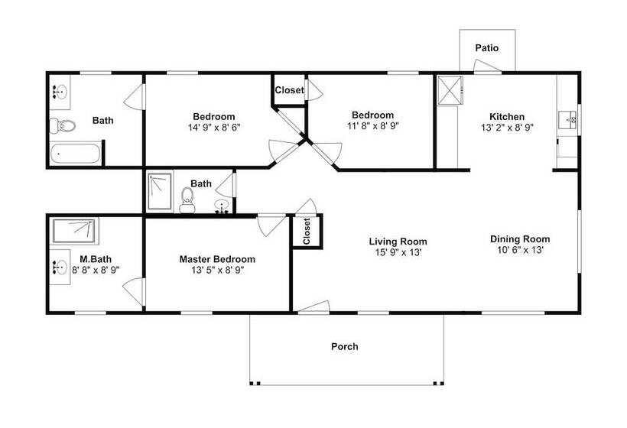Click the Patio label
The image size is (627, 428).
coord(486,48)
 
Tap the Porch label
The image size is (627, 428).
coord(344,346)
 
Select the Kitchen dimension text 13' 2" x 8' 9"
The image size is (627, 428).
coord(507,128)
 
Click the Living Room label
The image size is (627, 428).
coord(398,242)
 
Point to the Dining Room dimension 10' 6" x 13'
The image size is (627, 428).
coord(520,250)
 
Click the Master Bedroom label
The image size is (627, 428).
coord(217,259)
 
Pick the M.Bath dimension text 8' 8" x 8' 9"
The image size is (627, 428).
coord(96,270)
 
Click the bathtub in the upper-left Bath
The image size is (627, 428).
coord(75,154)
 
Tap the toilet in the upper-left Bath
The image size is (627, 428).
coord(63,126)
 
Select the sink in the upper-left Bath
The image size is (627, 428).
coord(60,92)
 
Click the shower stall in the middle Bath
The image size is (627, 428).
coord(160,191)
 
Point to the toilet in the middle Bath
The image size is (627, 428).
coord(187,200)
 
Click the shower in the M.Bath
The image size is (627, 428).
coord(74,231)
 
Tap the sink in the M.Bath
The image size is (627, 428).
coord(60,267)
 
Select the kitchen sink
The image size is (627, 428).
coord(567,120)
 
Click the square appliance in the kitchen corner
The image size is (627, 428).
coord(450,90)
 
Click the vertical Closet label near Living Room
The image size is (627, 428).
coord(307,232)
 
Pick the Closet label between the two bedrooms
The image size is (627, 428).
coord(290,90)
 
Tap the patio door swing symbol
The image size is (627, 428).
coord(487,66)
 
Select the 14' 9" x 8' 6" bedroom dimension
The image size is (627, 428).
coord(214,128)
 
